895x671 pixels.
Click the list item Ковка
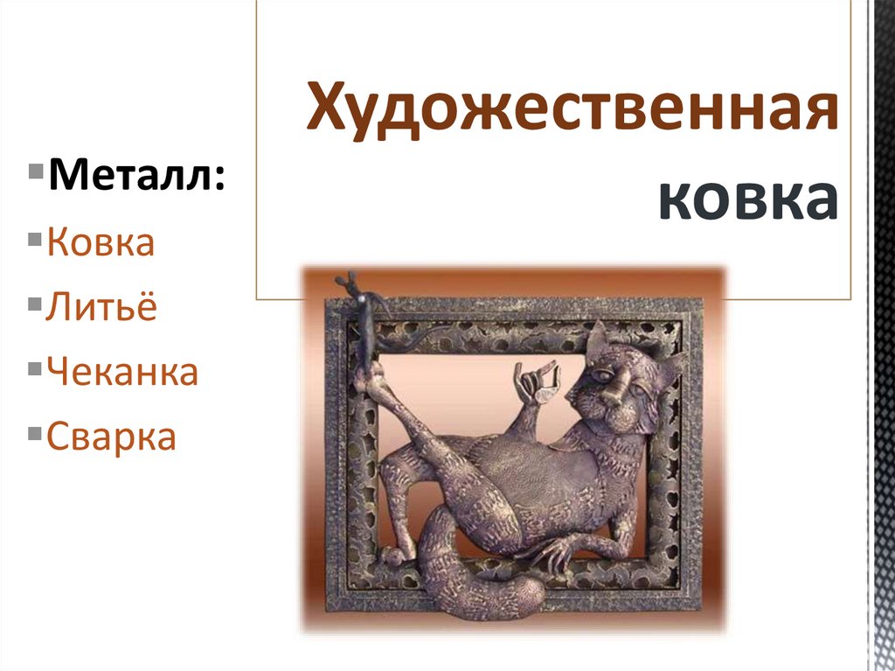pyautogui.click(x=101, y=241)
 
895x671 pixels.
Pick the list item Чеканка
pyautogui.click(x=122, y=372)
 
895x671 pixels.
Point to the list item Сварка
pyautogui.click(x=111, y=436)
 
